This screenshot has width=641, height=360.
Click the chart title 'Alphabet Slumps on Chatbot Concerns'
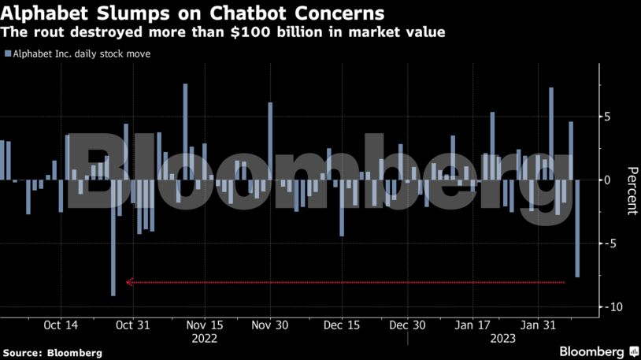[x=194, y=13]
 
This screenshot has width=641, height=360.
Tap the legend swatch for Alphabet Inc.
[x=7, y=54]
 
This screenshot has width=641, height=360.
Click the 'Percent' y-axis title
[x=631, y=191]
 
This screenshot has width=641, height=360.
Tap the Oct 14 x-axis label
[x=61, y=325]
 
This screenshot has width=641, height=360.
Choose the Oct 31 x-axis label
[x=132, y=325]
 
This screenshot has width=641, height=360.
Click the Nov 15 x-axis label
[x=205, y=325]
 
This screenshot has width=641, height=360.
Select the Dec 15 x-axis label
[x=342, y=325]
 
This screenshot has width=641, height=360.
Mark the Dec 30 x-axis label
[x=407, y=325]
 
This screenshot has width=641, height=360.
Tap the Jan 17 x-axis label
[x=474, y=325]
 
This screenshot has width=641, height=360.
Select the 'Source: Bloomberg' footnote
[x=51, y=353]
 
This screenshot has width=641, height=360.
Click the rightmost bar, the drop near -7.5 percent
[x=577, y=228]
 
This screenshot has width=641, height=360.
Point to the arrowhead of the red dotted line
[x=129, y=282]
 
